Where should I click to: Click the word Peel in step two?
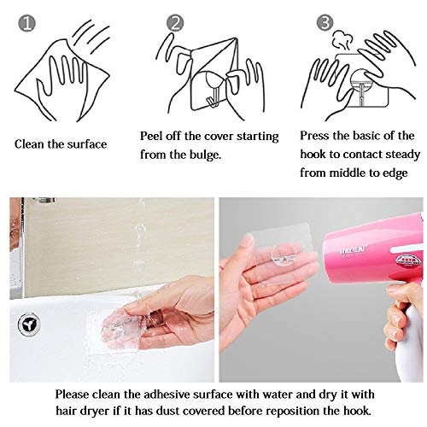(155, 137)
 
